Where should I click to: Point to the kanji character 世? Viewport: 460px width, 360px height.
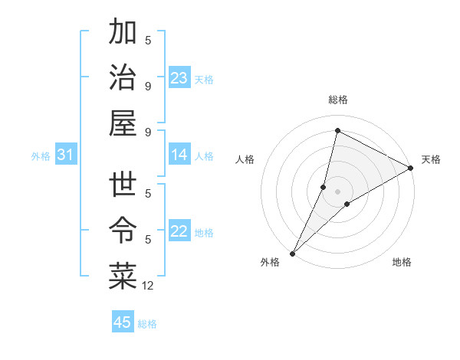click(123, 186)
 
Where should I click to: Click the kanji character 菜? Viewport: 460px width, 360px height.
click(123, 277)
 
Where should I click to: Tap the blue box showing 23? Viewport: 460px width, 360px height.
click(179, 77)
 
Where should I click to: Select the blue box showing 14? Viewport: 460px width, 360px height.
click(179, 155)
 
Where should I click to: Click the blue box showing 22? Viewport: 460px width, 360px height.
click(179, 231)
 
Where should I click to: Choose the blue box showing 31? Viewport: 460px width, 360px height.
click(65, 155)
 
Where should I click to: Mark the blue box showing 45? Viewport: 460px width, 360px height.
click(123, 322)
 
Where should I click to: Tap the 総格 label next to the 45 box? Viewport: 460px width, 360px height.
click(147, 323)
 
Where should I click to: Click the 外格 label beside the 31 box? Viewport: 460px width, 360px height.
click(41, 155)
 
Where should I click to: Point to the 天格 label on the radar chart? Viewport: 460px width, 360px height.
click(431, 159)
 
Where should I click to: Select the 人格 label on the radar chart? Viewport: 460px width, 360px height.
click(245, 159)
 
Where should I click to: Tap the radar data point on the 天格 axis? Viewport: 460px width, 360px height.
click(411, 168)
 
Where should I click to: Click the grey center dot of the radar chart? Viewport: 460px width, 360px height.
click(337, 191)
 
